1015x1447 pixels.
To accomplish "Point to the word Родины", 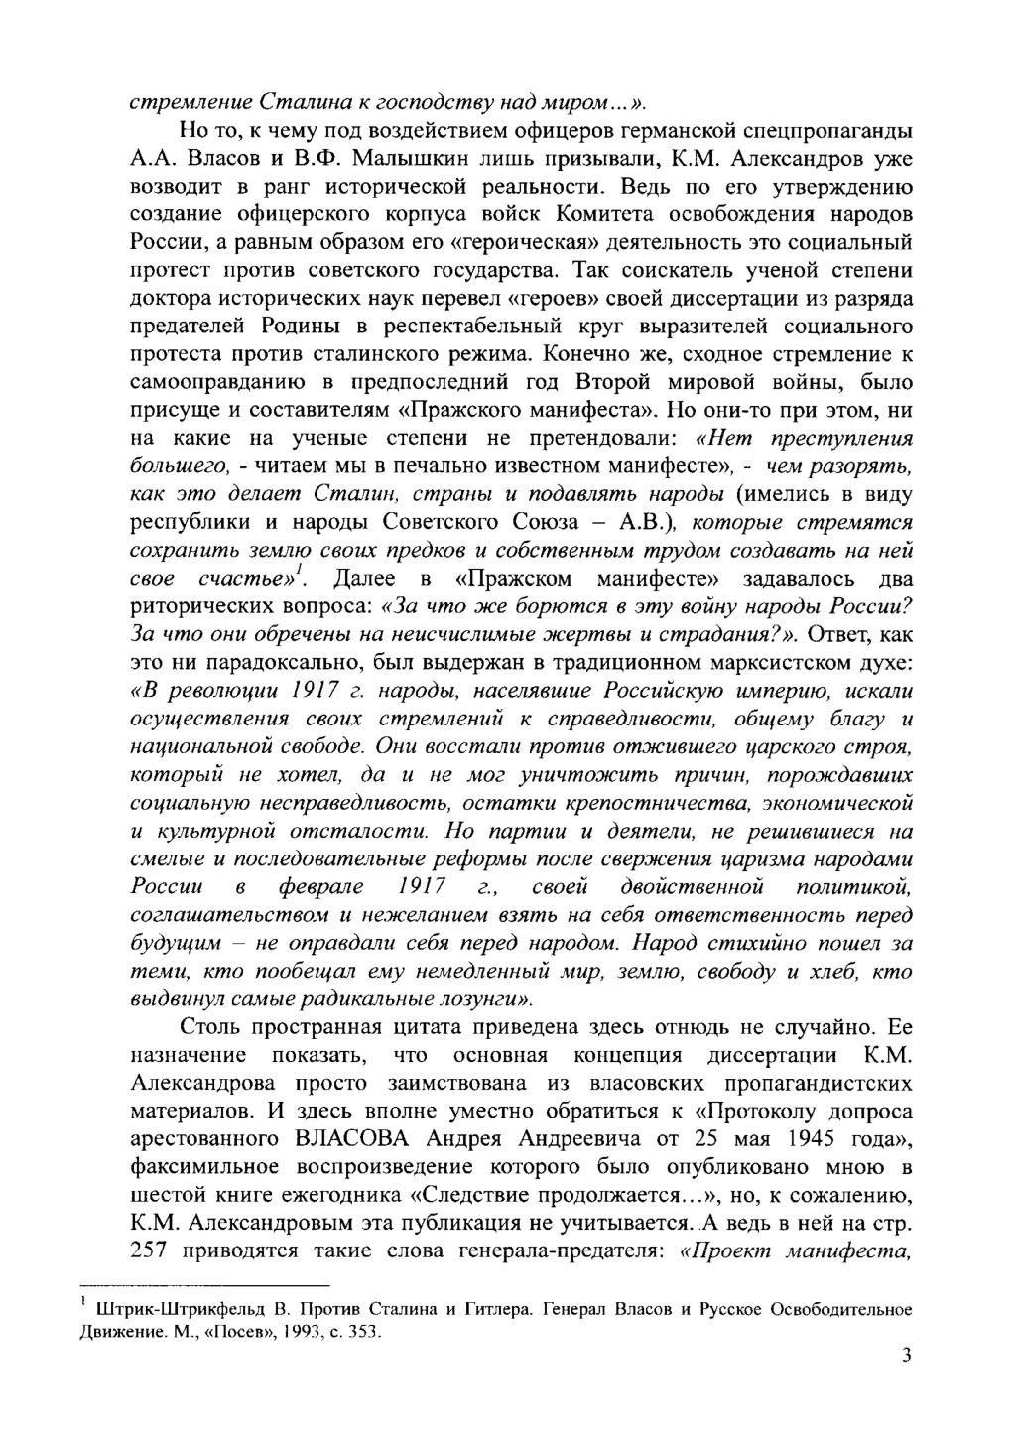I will click(x=302, y=326).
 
